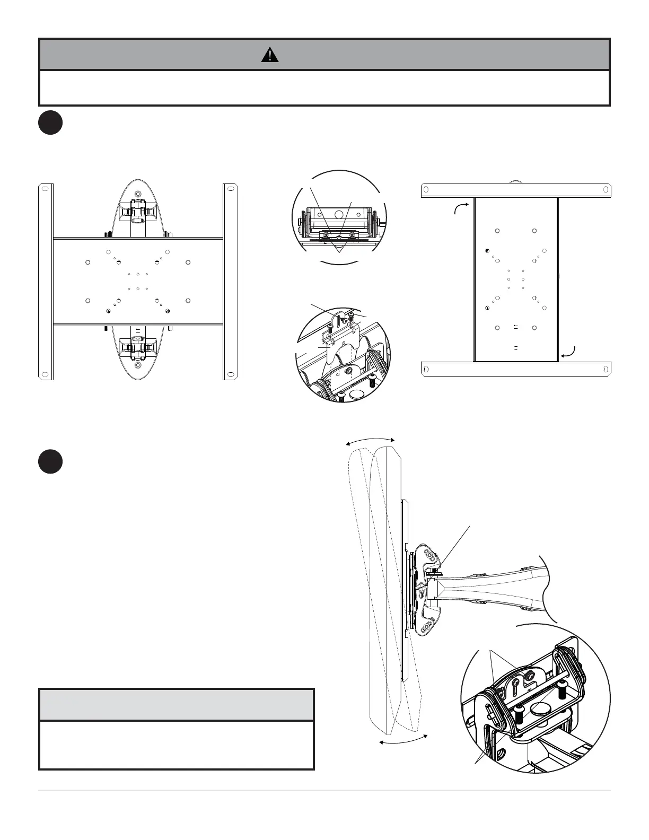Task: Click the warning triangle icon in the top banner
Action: point(270,55)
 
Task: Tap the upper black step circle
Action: point(50,122)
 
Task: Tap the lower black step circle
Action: point(50,462)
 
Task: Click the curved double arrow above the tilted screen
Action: point(370,439)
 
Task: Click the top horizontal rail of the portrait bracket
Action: point(516,190)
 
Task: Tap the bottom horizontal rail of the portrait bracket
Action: point(516,369)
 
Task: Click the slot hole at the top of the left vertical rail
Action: point(46,189)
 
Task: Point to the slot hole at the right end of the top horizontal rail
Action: point(603,190)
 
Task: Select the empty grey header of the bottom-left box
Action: point(177,705)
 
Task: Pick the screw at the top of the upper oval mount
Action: point(138,195)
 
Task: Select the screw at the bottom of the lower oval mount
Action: point(138,365)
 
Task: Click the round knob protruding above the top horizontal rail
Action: point(514,182)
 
